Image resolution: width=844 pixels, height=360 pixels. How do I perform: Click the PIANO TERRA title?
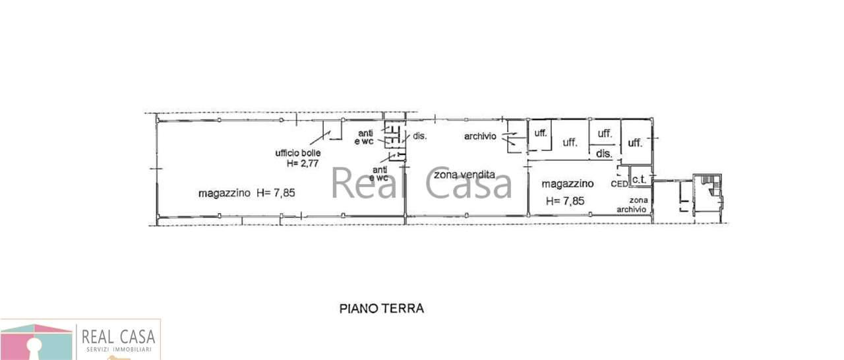coord(381,309)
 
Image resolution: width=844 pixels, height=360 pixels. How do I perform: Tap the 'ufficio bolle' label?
coord(297,153)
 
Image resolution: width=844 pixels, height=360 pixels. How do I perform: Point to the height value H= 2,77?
coord(302,164)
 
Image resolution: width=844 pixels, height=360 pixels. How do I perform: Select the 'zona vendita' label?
coord(464,175)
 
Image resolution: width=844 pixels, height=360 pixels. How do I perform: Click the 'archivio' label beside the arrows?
coord(480,136)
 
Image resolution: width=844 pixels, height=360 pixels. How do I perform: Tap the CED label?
coord(619,184)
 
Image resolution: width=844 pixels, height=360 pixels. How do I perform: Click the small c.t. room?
coord(640,176)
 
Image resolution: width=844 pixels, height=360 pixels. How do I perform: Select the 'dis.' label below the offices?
coord(604,154)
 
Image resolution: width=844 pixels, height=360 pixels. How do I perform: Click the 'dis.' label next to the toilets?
coord(420,136)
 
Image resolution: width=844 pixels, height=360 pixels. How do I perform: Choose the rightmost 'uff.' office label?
coord(635,142)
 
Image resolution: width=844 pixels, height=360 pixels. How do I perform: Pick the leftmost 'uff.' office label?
coord(540,133)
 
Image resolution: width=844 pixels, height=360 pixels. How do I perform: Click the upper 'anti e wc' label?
coord(365,137)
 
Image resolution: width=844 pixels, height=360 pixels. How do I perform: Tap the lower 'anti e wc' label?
coord(378,173)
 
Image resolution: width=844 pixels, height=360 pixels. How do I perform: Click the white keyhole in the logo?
coord(35,349)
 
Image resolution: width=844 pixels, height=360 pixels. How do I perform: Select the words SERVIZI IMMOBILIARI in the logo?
coord(119,349)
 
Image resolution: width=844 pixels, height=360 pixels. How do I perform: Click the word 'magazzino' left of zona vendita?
coord(224,193)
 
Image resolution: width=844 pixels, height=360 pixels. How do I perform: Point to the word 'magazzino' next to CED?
coord(568,184)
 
